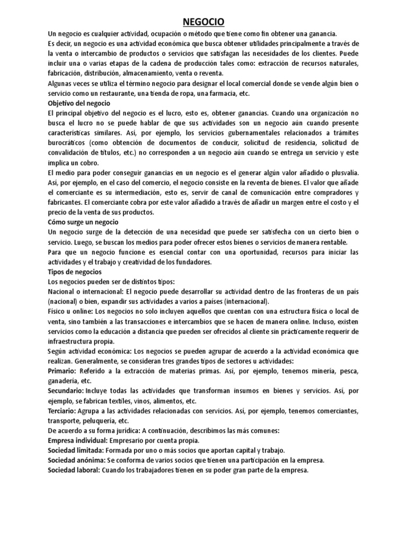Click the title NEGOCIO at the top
click(x=203, y=21)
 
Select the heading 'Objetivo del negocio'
click(x=79, y=103)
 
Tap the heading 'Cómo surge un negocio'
click(x=83, y=222)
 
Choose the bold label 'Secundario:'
click(x=66, y=391)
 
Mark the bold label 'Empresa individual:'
click(x=78, y=440)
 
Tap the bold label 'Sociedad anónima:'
click(x=77, y=460)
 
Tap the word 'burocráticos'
click(x=67, y=143)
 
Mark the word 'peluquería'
click(x=99, y=421)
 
